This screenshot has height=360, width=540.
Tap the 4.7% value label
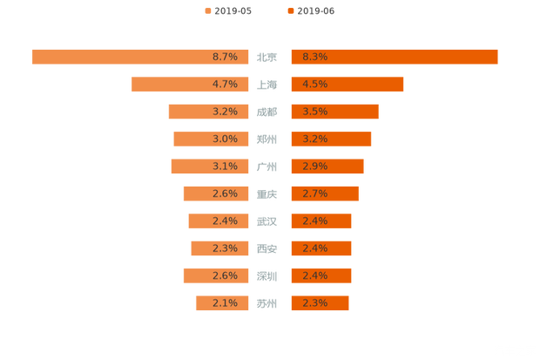(225, 85)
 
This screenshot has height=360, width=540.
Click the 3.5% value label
(315, 112)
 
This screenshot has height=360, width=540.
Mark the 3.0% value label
(225, 139)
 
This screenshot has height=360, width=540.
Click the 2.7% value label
(315, 194)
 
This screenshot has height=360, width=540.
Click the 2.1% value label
(225, 303)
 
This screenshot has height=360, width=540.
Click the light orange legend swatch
(207, 10)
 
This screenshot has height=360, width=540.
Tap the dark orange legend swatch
(289, 10)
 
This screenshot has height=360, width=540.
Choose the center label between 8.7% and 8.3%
(268, 58)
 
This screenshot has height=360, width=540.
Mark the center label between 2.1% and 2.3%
(268, 303)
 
